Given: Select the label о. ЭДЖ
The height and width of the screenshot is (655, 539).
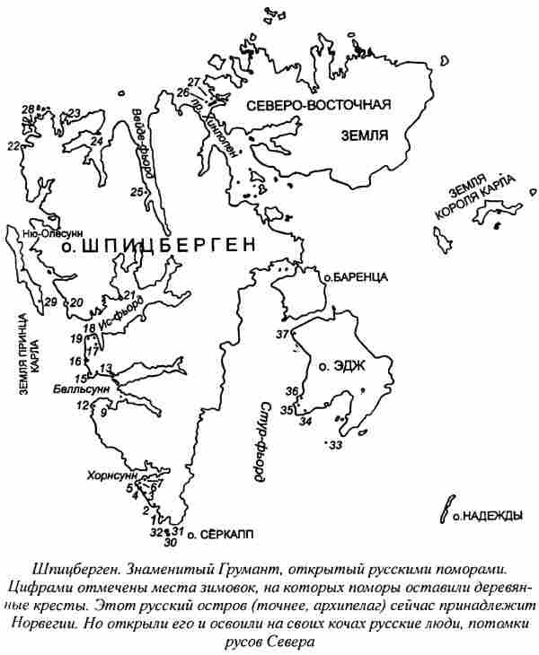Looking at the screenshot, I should tap(334, 366).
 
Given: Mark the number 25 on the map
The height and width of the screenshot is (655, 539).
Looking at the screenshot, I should tap(137, 192).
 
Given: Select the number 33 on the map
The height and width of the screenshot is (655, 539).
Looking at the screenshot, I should tap(336, 445).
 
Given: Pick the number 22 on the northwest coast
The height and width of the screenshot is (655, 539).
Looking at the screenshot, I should tap(13, 145).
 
